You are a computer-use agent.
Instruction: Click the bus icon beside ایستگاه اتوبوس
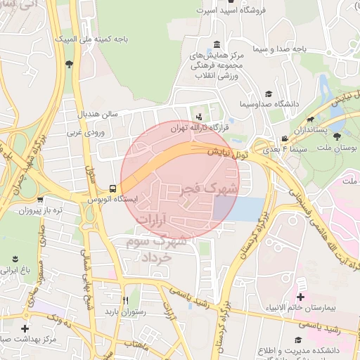pos(112,188)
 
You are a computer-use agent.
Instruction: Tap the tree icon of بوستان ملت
pos(337,137)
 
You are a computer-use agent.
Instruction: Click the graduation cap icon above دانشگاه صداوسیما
pos(268,93)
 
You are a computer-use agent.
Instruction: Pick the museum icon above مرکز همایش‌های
pos(215,44)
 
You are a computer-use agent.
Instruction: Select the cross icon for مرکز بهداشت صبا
pos(25,328)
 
